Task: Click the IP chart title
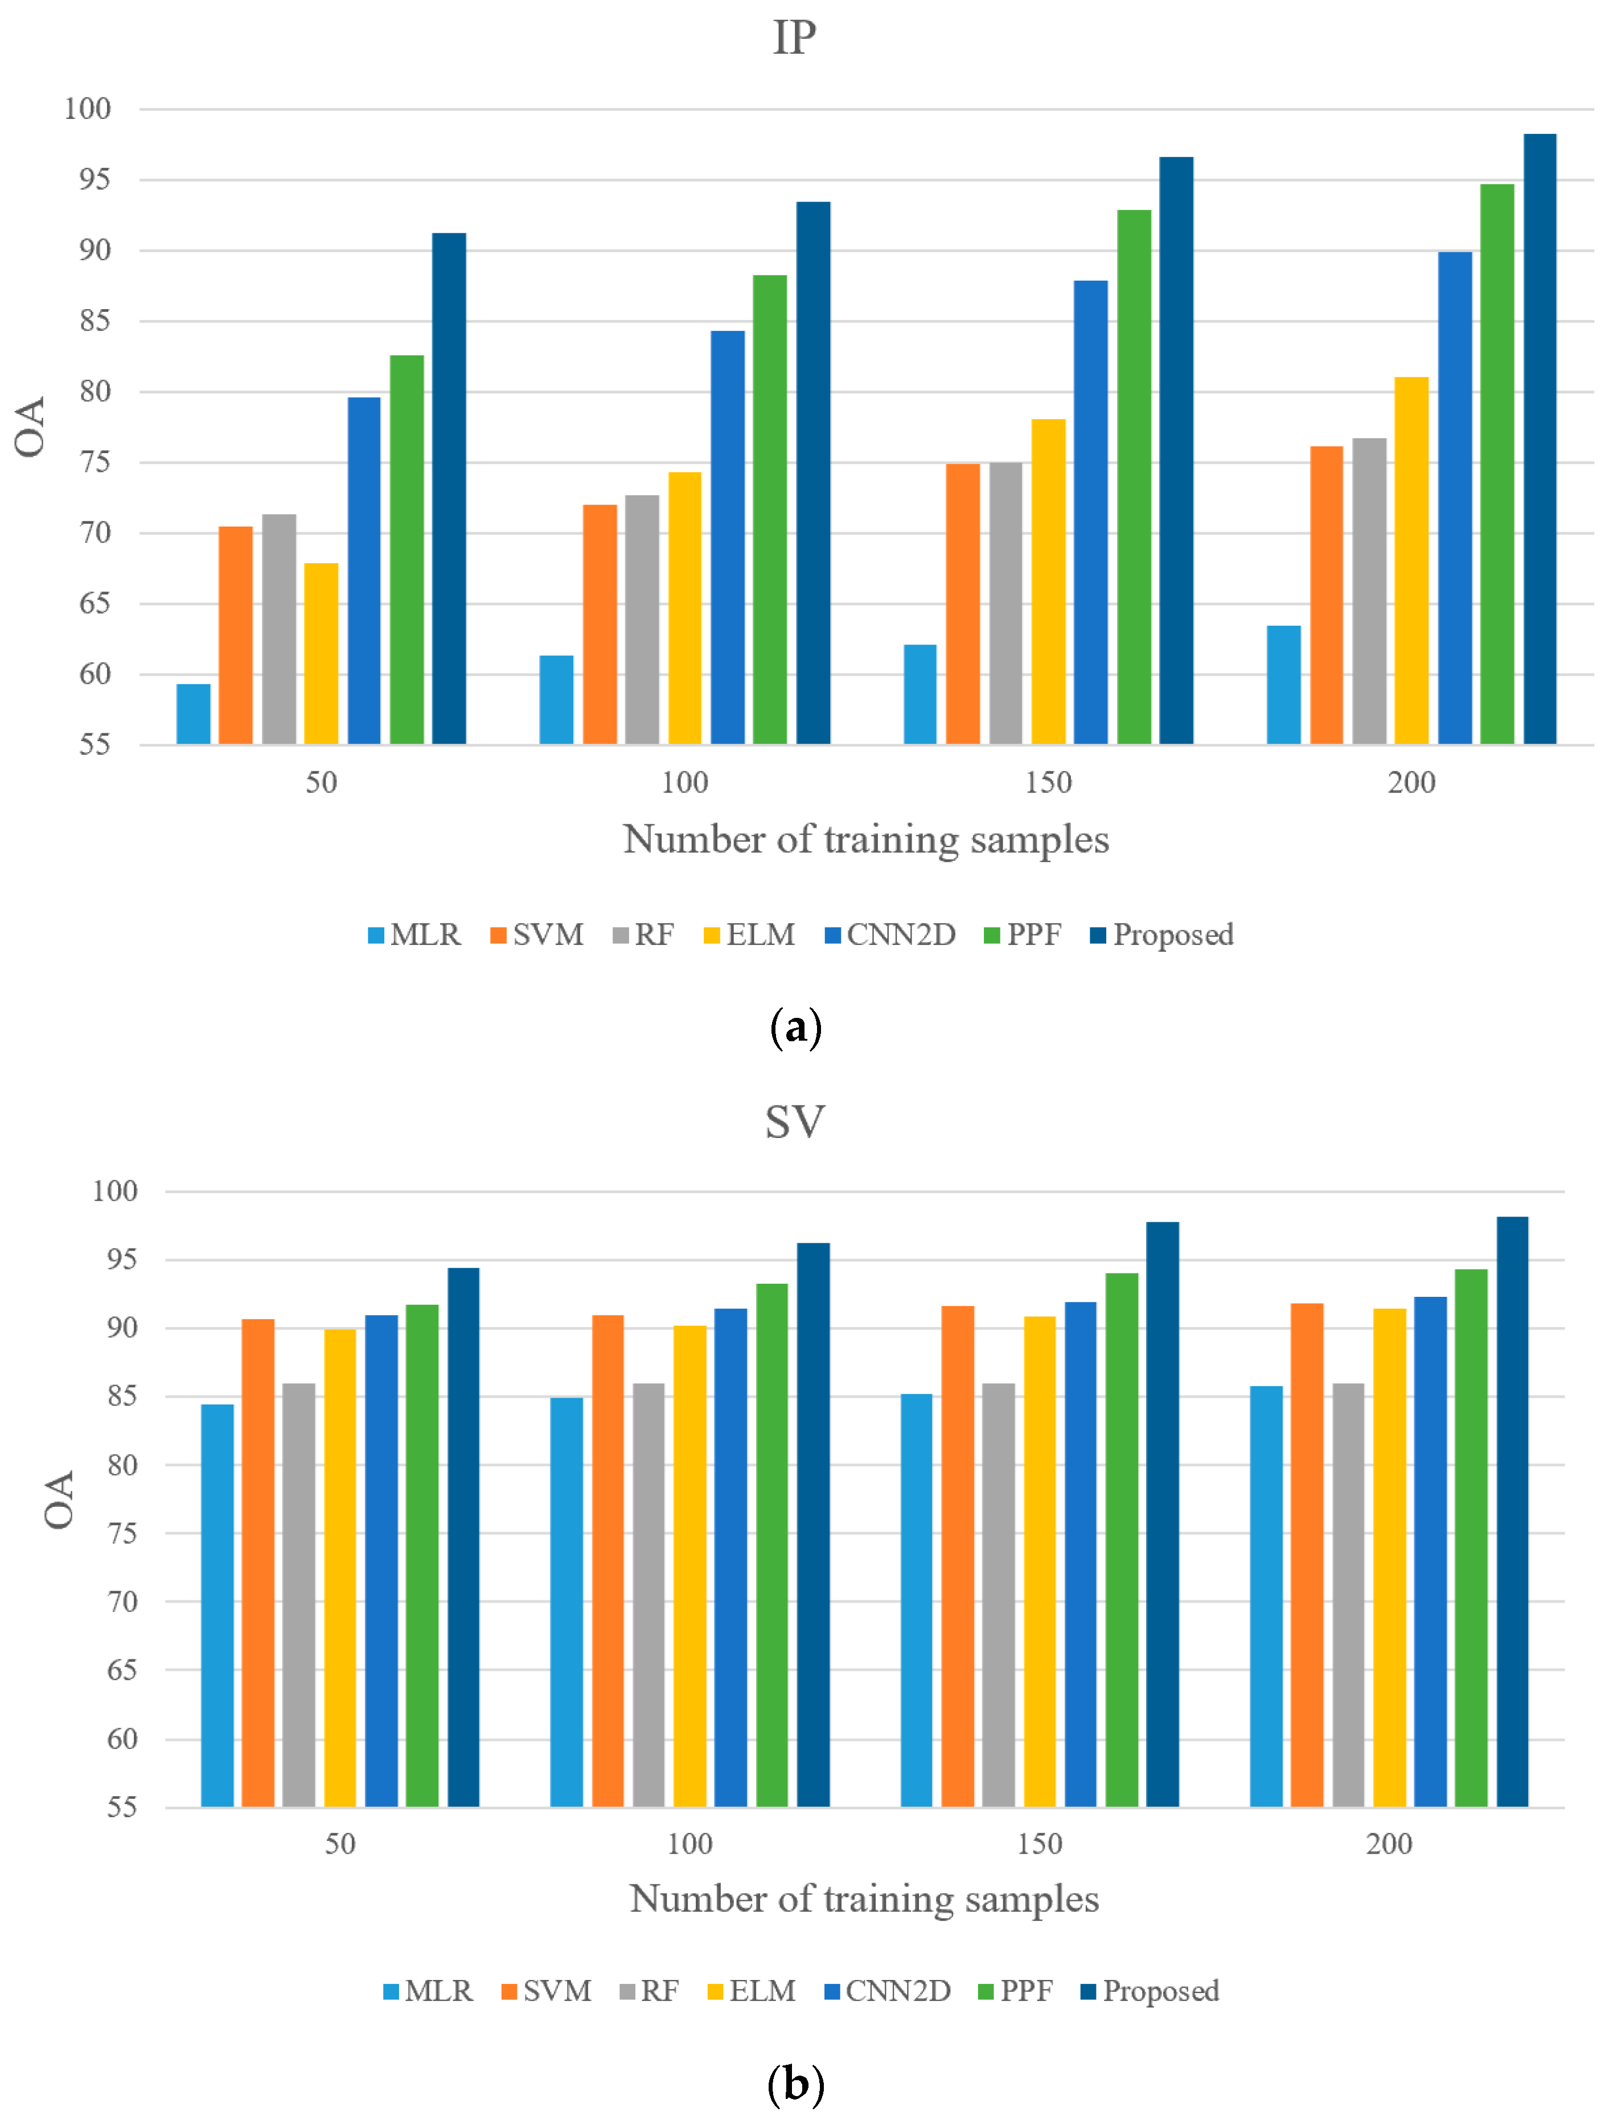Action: click(794, 38)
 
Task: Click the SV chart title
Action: click(794, 1121)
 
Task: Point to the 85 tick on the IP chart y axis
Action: click(94, 321)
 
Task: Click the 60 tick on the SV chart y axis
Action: click(122, 1739)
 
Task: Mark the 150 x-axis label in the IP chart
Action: click(1048, 783)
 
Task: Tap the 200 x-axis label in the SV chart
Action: click(1389, 1843)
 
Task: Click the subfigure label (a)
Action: click(795, 1028)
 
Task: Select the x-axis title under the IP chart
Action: click(865, 839)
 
